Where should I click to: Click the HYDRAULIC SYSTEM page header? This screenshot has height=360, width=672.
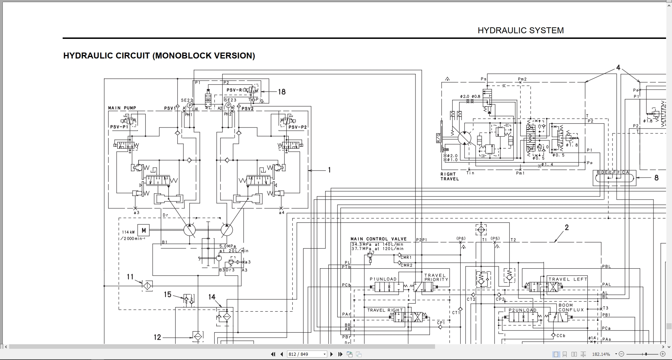tap(520, 30)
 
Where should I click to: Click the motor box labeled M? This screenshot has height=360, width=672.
tap(143, 230)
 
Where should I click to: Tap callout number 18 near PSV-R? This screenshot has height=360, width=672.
tap(282, 92)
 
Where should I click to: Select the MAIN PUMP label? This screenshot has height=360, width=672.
tap(122, 108)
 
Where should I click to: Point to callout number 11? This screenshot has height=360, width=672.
tap(130, 277)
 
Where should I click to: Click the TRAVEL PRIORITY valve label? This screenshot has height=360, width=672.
tap(436, 277)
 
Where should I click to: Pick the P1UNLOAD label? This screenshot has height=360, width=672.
tap(383, 279)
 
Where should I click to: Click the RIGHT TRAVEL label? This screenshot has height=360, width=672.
tap(449, 176)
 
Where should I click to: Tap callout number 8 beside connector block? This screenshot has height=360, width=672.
tap(656, 178)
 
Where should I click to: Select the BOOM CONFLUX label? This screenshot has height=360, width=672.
tap(571, 307)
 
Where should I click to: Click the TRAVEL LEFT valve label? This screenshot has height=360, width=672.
tap(568, 279)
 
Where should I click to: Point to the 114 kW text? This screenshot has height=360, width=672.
tap(128, 232)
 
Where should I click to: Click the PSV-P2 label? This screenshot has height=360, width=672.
tap(297, 127)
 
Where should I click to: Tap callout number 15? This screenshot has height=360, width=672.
tap(168, 295)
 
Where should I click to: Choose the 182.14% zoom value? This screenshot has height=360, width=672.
tap(601, 354)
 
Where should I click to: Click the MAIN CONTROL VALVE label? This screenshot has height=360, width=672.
tap(378, 239)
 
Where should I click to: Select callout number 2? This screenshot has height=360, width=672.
tap(567, 228)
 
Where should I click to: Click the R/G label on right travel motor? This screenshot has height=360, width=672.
tap(439, 138)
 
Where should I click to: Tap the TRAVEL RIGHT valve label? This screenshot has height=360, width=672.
tap(385, 310)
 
